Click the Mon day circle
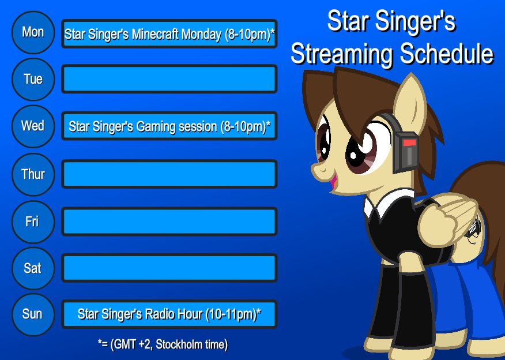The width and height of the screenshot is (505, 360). coord(33,33)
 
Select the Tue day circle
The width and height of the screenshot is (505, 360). coord(33,80)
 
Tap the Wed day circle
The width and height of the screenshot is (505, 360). coord(33,126)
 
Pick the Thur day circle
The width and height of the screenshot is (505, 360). coord(33,174)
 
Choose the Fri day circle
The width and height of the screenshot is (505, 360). coord(33,222)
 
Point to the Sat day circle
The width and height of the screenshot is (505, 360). coord(33,268)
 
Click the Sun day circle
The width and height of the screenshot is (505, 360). coord(33,314)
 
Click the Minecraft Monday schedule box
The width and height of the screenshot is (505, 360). coord(169,34)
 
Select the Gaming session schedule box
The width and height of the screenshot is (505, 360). coord(169,126)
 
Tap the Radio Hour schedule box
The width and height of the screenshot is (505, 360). coord(169,314)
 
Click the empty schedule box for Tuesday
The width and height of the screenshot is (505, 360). coord(169,79)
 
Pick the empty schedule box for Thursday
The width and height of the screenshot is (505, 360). coord(169,174)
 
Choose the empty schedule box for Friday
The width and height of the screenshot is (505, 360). coord(169,222)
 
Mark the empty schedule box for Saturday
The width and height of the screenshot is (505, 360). coord(169,268)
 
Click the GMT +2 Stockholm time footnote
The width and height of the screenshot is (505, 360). coord(163,345)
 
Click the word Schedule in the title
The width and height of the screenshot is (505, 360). coord(447,54)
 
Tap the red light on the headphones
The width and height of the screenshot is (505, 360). coord(409,142)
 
